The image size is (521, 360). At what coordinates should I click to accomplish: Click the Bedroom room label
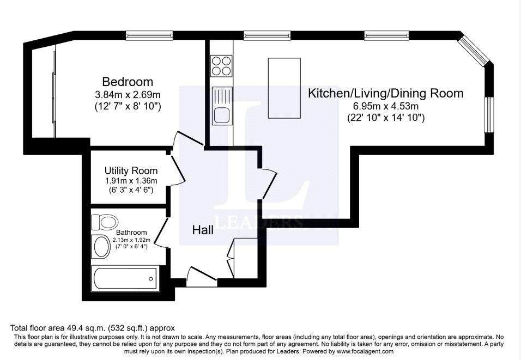128,82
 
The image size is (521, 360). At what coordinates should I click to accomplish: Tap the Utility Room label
131,170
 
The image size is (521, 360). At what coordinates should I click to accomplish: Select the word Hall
203,230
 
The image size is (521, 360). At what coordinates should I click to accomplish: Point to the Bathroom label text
131,233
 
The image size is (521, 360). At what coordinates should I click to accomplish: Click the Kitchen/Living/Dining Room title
385,93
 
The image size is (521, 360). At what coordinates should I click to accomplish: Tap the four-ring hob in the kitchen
221,66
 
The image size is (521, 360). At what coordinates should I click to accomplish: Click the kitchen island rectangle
284,88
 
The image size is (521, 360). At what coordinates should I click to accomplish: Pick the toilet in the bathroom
104,222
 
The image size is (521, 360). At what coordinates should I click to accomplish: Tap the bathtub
125,279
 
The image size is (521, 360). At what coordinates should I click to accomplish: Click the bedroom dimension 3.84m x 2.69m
128,95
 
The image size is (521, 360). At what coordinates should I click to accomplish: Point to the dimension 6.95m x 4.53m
385,107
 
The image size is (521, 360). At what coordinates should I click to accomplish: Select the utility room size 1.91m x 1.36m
131,181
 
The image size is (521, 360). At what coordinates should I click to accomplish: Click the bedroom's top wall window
149,35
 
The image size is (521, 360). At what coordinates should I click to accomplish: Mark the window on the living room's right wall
489,114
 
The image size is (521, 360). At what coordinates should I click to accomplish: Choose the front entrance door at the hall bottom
202,276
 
